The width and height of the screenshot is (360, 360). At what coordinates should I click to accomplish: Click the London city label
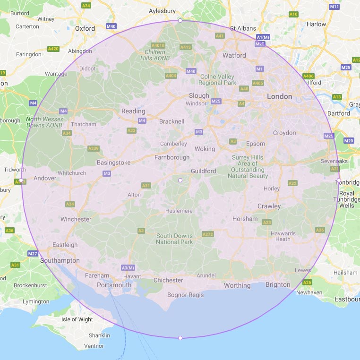click(280, 96)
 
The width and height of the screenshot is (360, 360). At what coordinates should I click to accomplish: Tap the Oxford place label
click(85, 28)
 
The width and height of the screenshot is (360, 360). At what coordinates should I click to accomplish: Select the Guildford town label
click(204, 171)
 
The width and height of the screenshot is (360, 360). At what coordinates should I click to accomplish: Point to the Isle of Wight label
click(77, 319)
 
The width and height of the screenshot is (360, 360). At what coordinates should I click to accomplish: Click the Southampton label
click(60, 260)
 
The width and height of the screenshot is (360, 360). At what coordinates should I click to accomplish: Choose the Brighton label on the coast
click(278, 284)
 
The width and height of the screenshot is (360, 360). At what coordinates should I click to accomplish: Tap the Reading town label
click(133, 111)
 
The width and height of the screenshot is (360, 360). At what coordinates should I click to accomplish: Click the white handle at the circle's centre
click(180, 180)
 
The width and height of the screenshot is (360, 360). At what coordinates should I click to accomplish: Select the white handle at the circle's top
click(180, 20)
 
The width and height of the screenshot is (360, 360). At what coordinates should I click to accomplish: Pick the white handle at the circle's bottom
click(180, 338)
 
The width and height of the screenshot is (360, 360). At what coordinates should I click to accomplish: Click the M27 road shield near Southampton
click(33, 254)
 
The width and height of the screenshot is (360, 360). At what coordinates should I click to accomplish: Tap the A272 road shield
click(207, 234)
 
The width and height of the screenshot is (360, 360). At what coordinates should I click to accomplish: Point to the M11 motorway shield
click(334, 7)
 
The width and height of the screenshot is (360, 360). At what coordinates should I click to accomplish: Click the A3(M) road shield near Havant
click(128, 268)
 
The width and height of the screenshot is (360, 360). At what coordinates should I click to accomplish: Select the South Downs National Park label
click(175, 239)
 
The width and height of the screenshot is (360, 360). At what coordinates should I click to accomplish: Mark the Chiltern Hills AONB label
click(155, 55)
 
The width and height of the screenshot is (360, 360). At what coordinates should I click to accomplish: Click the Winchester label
click(76, 219)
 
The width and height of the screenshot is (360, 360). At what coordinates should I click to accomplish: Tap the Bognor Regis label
click(186, 295)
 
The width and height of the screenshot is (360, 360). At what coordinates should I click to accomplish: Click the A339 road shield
click(94, 148)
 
